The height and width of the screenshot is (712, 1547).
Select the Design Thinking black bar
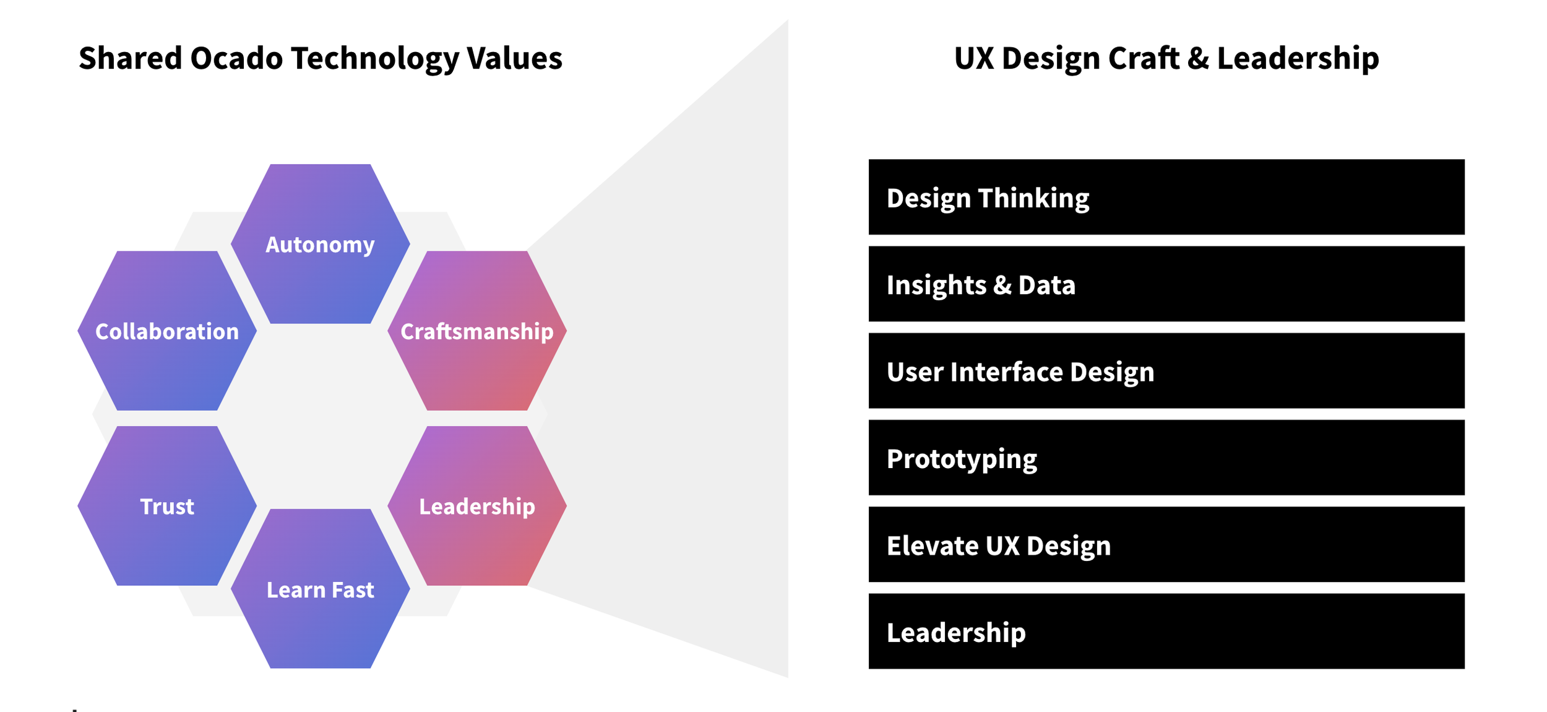[x=1166, y=197]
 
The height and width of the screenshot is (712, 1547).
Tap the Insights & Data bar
[x=1166, y=284]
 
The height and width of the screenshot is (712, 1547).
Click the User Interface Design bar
[x=1166, y=370]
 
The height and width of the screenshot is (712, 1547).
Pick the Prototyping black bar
[x=1166, y=458]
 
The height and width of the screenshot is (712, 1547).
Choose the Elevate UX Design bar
[x=1166, y=544]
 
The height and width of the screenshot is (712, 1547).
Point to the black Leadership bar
[x=1166, y=631]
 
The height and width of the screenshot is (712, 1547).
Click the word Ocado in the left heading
[x=236, y=58]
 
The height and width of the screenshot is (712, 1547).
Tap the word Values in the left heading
[x=514, y=58]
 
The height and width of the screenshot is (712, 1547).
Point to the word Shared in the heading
[x=130, y=58]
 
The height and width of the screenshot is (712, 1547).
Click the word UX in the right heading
[x=974, y=58]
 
